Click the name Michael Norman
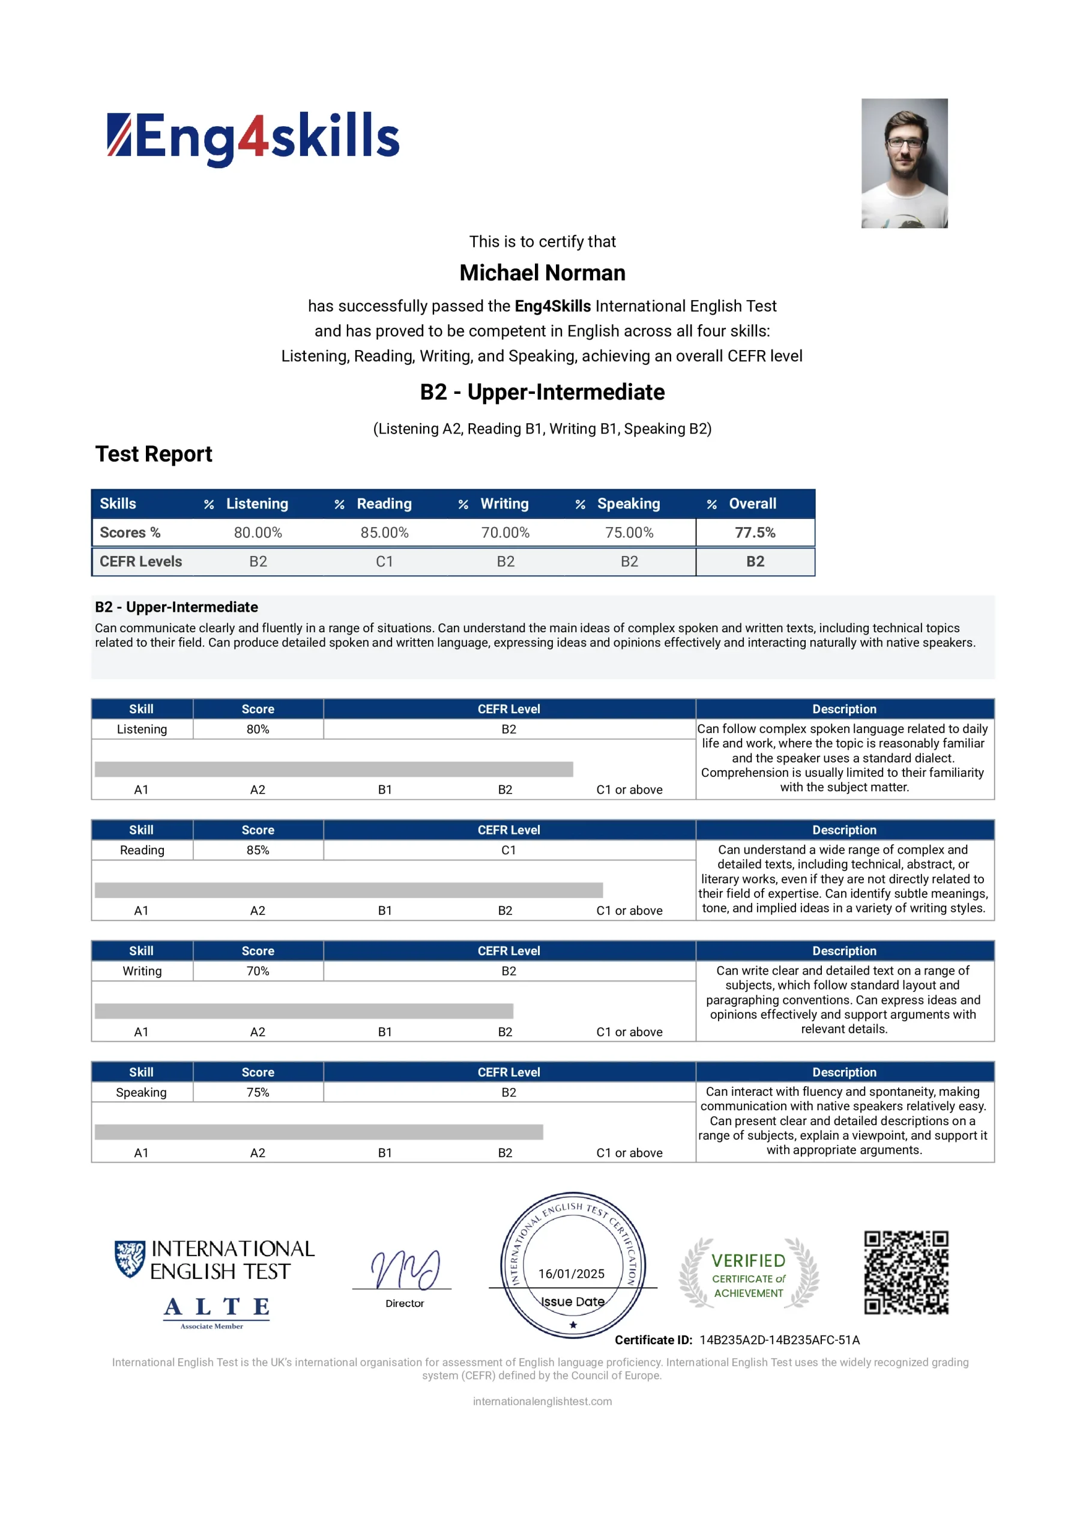[541, 273]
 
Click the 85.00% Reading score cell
[384, 533]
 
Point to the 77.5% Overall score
[755, 533]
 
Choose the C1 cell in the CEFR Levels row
[384, 561]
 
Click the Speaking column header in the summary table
[627, 504]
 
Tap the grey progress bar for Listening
[333, 769]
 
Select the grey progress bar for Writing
[304, 1011]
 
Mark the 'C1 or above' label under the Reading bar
[629, 910]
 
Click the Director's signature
[405, 1269]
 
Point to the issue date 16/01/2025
[571, 1274]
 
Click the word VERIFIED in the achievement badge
[748, 1261]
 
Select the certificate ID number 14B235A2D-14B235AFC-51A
[779, 1340]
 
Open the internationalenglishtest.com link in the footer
[541, 1401]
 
